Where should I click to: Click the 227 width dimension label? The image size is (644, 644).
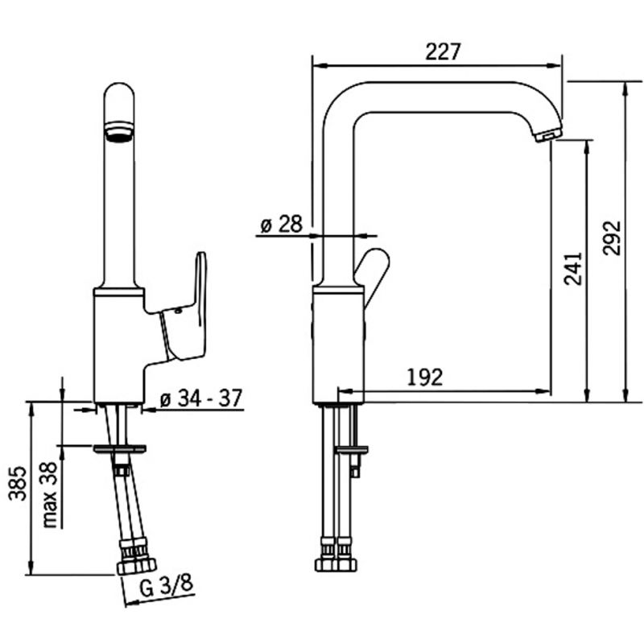coord(444,52)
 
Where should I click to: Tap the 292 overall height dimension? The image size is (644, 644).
coord(612,238)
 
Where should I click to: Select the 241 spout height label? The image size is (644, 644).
coord(573,269)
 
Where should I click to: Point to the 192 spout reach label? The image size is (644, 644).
coord(425,377)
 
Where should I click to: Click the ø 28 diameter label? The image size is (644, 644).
coord(281,225)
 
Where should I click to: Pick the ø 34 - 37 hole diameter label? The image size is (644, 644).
coord(200,398)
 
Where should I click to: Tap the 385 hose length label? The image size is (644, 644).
coord(18,483)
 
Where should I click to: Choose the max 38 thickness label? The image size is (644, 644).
coord(49,494)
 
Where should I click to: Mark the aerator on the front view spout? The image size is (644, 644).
coord(119,130)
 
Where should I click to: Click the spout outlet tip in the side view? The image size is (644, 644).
coord(548,134)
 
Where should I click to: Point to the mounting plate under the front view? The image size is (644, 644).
coord(119,448)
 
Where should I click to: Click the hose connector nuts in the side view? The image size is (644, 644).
coord(336,559)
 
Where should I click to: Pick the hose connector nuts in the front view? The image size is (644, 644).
coord(136,559)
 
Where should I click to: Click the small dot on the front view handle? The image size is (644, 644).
coord(178,312)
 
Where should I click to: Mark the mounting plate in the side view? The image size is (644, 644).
coord(352,449)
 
